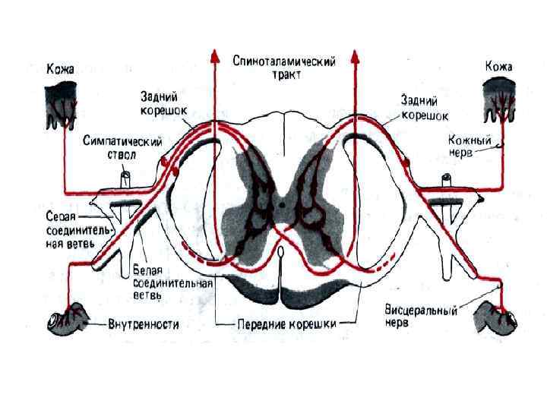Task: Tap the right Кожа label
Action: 498,68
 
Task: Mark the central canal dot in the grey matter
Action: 283,203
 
